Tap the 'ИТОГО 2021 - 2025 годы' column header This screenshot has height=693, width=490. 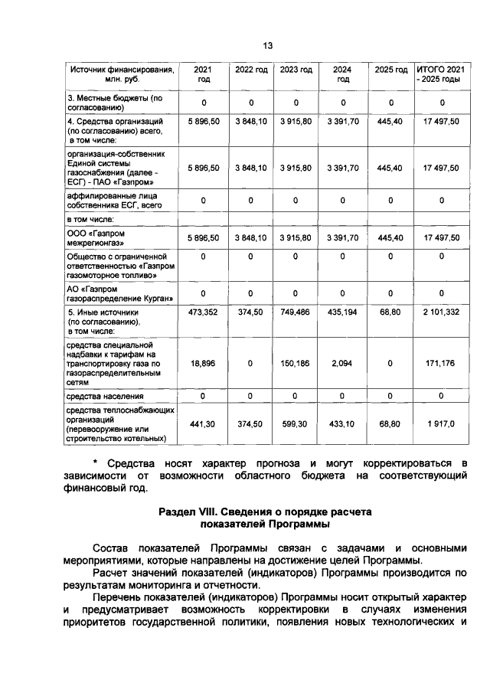(x=443, y=74)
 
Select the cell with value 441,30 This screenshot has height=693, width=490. (x=204, y=423)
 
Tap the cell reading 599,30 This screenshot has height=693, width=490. (x=296, y=423)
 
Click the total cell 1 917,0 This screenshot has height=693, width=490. (x=443, y=423)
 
